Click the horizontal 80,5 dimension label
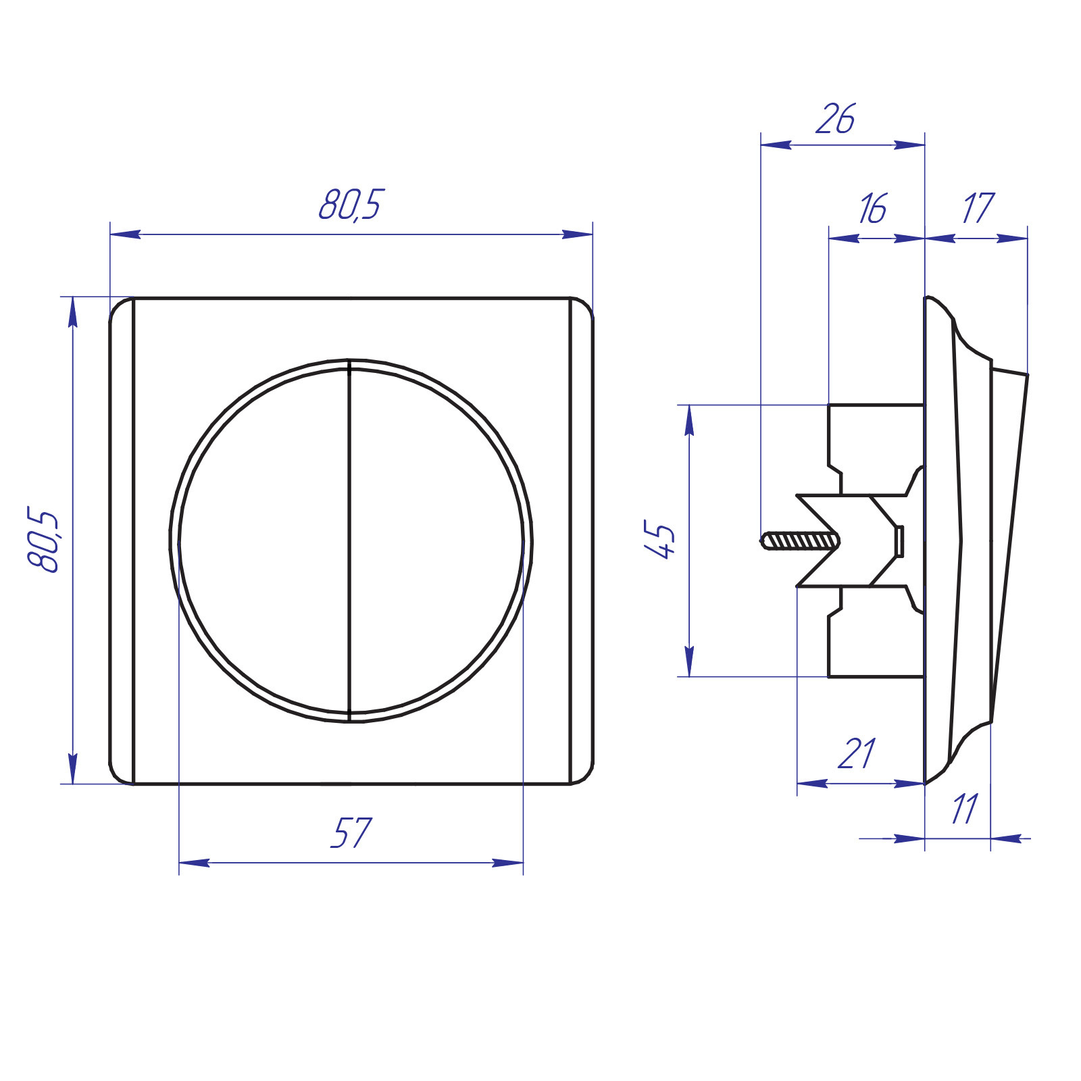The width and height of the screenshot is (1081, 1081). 350,205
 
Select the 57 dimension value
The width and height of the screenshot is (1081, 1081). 351,832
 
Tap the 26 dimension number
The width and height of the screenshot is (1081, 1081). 835,119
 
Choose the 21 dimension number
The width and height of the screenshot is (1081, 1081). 857,753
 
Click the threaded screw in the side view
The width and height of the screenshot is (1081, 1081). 801,541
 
